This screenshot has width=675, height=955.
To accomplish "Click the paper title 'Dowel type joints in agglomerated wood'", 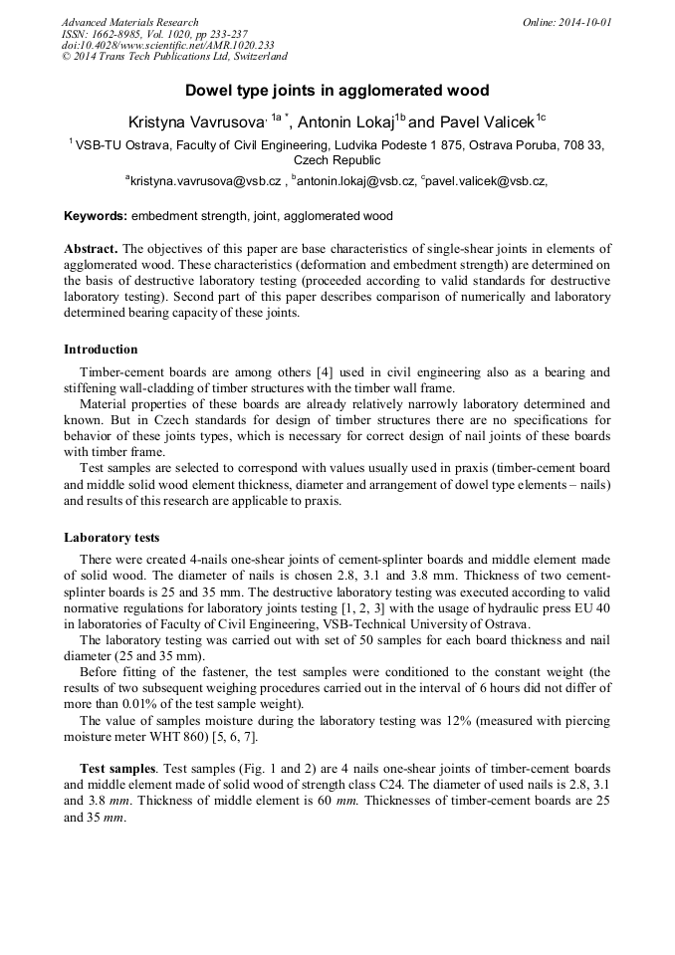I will pyautogui.click(x=337, y=91).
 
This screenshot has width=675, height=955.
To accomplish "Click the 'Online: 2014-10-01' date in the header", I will pyautogui.click(x=567, y=22).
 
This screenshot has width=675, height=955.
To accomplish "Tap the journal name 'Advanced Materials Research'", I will pyautogui.click(x=129, y=22).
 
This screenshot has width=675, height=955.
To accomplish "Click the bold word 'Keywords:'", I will pyautogui.click(x=96, y=216).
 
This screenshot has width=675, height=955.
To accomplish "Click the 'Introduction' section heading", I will pyautogui.click(x=101, y=350).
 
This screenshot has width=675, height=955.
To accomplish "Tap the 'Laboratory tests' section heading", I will pyautogui.click(x=112, y=538).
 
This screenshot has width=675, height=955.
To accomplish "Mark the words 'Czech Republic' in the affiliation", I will pyautogui.click(x=337, y=159).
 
